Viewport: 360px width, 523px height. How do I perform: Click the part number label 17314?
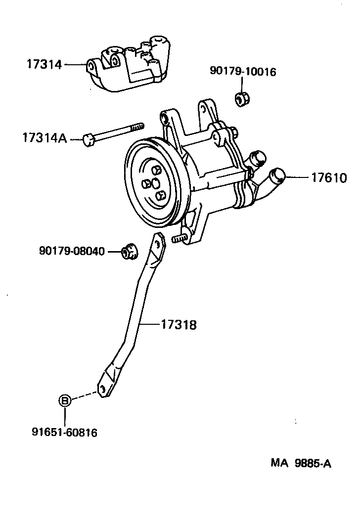tap(44, 64)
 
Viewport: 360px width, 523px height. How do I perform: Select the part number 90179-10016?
tap(243, 72)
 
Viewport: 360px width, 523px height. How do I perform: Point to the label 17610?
tap(329, 177)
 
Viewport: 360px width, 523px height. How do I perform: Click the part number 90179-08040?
tap(72, 252)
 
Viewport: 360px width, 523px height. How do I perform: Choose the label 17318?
tap(179, 325)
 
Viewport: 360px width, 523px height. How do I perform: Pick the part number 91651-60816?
tap(64, 433)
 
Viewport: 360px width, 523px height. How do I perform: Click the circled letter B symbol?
tap(65, 400)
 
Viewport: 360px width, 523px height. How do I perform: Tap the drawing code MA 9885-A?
tap(301, 464)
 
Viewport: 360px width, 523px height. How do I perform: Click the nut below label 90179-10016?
tap(242, 98)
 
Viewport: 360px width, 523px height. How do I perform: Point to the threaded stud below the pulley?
tap(179, 239)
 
